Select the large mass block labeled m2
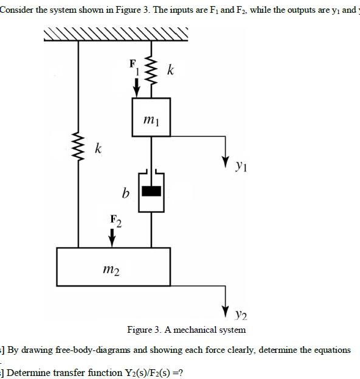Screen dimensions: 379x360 tap(113, 266)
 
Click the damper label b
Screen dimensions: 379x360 tap(126, 194)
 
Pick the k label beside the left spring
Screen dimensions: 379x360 tap(98, 148)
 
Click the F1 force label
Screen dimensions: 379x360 tap(132, 66)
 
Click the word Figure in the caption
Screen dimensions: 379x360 tap(140, 330)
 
